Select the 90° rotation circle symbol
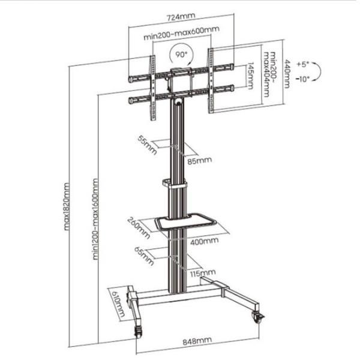[x=181, y=55]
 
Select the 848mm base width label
[x=199, y=340]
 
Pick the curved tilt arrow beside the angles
[x=320, y=71]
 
